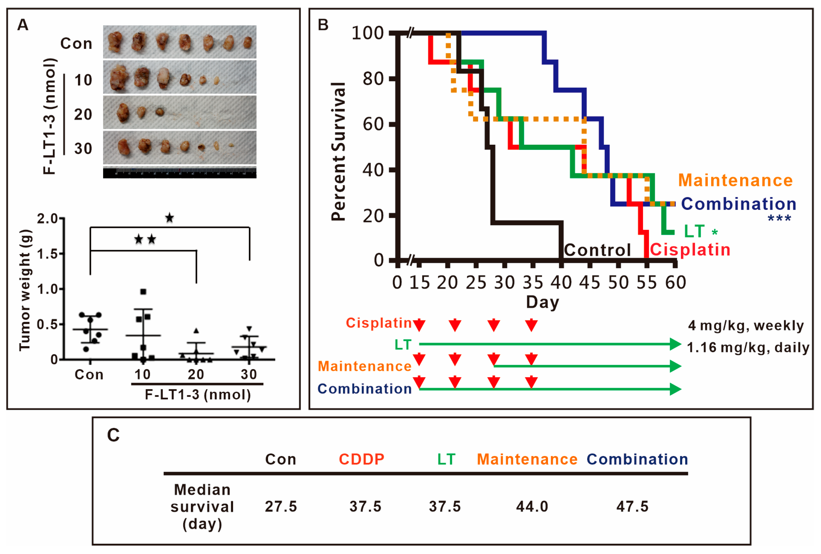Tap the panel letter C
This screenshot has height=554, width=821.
tap(113, 435)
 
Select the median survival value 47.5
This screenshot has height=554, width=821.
tap(632, 507)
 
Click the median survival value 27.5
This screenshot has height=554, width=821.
tap(281, 507)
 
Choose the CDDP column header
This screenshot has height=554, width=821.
tap(361, 459)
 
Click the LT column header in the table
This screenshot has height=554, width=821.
tap(446, 459)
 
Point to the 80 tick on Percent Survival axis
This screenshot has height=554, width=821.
tap(373, 79)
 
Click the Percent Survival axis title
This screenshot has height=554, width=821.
tap(338, 152)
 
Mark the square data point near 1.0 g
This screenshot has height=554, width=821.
tap(143, 292)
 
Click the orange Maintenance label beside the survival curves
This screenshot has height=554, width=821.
tap(735, 180)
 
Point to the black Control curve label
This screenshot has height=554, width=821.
tap(597, 250)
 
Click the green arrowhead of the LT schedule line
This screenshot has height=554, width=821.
tap(675, 344)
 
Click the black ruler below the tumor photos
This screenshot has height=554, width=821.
tap(180, 173)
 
